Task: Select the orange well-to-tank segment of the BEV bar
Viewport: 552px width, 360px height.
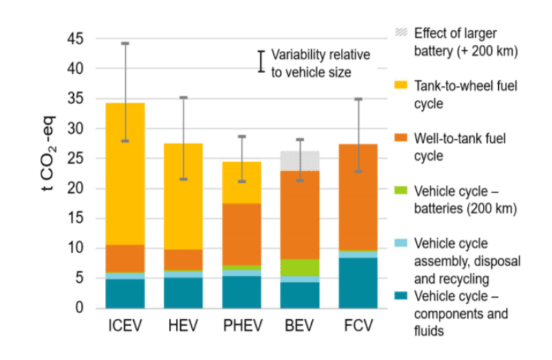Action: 299,214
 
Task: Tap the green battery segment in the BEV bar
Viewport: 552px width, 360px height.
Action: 299,268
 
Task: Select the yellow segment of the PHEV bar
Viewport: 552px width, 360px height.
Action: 241,182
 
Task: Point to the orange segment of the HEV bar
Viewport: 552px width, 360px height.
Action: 183,259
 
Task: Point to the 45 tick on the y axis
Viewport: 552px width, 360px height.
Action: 75,39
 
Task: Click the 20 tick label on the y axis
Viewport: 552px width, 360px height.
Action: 75,188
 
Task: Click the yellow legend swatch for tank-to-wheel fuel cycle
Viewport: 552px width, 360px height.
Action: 397,86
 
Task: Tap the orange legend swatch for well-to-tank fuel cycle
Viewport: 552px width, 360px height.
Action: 397,139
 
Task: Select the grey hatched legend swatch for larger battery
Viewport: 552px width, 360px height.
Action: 397,32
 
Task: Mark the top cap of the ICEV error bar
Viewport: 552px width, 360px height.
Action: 125,43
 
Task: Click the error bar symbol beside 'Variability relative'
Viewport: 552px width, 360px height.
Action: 262,61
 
